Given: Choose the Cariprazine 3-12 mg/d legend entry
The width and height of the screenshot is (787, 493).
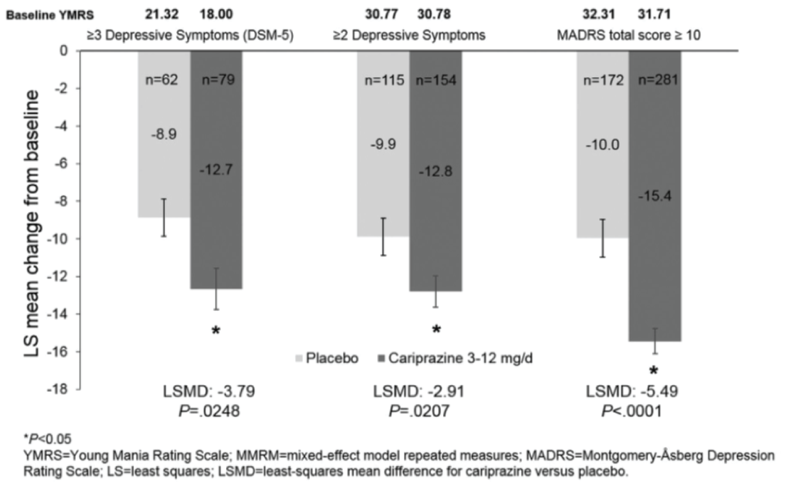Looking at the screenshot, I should (456, 358).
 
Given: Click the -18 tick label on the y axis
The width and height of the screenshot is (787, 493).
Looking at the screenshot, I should (57, 389).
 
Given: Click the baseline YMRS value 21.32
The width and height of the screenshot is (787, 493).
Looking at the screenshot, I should (162, 14).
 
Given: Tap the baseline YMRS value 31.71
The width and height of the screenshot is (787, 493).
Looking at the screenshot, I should (654, 14).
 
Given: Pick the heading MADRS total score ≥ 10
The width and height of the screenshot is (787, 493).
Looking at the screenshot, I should (629, 35).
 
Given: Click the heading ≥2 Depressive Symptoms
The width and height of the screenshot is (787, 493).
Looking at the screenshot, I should (409, 35).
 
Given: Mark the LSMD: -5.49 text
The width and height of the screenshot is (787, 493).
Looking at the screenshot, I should (632, 392).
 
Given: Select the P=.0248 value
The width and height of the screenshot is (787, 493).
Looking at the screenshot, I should (209, 411).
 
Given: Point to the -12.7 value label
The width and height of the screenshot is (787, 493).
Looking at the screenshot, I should (216, 169).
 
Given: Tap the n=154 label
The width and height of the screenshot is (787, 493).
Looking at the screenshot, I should (436, 80).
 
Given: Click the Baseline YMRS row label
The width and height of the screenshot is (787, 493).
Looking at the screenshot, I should (49, 15).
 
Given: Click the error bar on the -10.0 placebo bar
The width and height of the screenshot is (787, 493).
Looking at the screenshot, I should (602, 238).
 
